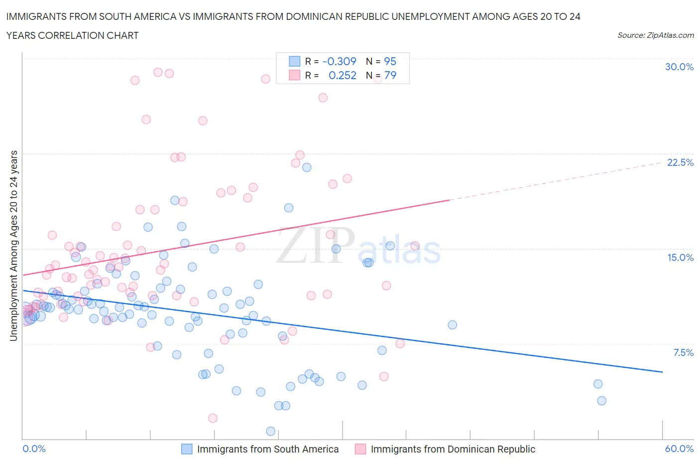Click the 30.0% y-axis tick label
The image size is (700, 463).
(679, 67)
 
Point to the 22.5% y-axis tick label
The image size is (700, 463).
(680, 162)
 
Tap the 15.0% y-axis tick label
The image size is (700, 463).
(680, 257)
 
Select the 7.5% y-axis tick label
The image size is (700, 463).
(683, 352)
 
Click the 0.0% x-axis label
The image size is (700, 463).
(34, 449)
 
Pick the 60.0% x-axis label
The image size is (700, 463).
(679, 449)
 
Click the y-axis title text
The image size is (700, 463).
(13, 245)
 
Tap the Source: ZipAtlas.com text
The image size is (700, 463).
(655, 35)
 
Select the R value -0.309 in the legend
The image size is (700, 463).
(340, 61)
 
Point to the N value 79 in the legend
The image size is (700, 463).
(390, 75)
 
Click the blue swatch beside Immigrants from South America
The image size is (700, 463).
(187, 449)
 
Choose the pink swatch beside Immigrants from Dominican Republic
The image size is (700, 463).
(360, 449)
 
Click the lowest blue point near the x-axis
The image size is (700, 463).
(271, 431)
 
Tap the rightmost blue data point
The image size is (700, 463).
(601, 401)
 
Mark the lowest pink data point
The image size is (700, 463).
(213, 418)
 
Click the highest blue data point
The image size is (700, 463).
(307, 167)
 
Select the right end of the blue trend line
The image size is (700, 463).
(662, 372)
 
